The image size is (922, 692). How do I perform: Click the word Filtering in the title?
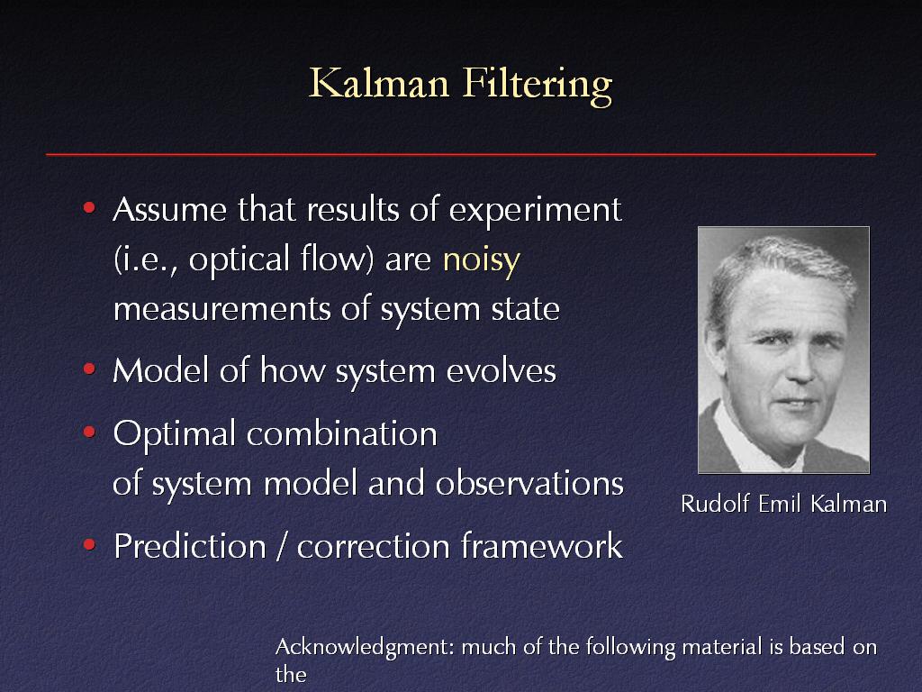pos(538,86)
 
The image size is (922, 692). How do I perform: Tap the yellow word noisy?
pos(482,260)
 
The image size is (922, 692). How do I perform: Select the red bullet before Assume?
pos(89,207)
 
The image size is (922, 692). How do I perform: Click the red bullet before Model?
pos(89,369)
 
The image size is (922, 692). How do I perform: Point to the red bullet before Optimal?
pos(89,432)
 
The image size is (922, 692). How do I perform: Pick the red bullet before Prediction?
pos(89,544)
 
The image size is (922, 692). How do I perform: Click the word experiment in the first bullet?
pos(535,211)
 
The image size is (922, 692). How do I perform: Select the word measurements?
pos(222,310)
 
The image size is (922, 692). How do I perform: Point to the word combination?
pos(341,433)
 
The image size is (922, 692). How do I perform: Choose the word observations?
pos(529,483)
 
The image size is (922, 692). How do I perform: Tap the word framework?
pos(541,545)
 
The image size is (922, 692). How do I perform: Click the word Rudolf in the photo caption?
pos(715,504)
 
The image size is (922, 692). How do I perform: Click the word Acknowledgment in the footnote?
pos(365,647)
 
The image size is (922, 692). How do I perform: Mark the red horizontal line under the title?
pos(461,154)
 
